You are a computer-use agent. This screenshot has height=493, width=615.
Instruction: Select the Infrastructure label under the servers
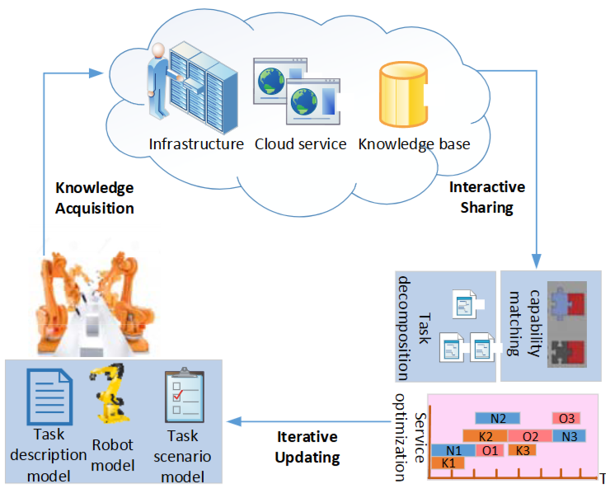tap(196, 144)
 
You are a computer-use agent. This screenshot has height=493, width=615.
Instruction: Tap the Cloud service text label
tap(300, 144)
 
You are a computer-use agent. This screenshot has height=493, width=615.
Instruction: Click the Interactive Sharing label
tap(486, 198)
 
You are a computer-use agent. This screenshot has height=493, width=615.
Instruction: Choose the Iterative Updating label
tap(307, 446)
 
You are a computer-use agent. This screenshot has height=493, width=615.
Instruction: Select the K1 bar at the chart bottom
tap(448, 463)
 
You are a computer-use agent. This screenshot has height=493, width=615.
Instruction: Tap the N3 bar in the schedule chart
tap(569, 435)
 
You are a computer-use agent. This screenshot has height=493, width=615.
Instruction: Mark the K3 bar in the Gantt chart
tap(521, 450)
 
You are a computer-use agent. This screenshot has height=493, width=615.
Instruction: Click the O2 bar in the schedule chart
tap(530, 435)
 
